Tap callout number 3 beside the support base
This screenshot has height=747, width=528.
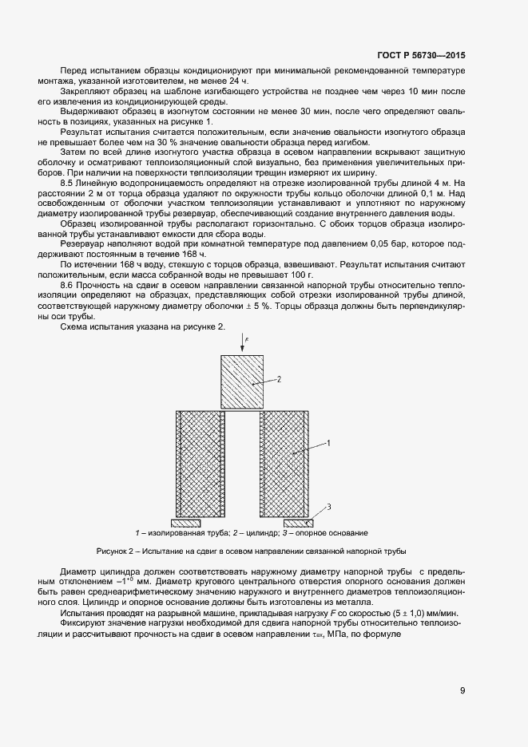coord(329,507)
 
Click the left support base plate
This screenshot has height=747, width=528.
coord(186,523)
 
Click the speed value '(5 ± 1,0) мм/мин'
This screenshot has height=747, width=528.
coord(421,611)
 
